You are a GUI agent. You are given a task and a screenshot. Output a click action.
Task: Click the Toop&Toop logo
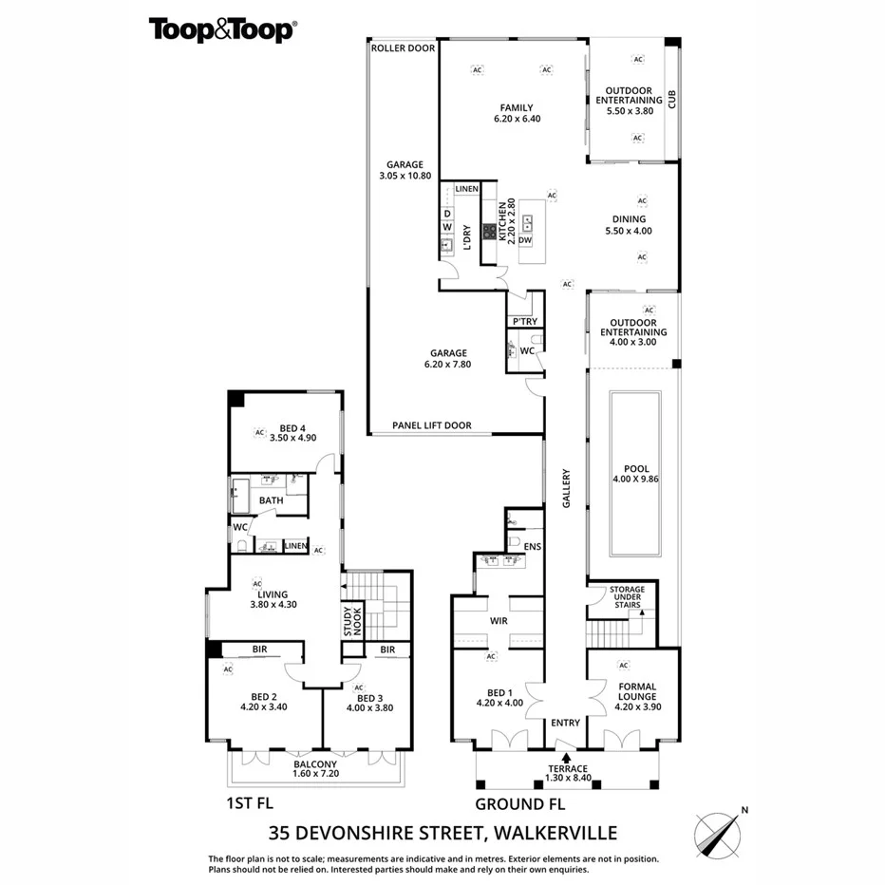click(x=222, y=29)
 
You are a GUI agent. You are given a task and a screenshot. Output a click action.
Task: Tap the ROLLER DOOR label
click(x=403, y=47)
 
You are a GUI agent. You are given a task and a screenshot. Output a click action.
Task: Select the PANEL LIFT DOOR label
click(x=432, y=425)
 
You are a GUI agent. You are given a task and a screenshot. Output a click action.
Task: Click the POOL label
click(x=636, y=469)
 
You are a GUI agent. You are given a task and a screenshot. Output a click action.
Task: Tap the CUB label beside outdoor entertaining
click(x=671, y=99)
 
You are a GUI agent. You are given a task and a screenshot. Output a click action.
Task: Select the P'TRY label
click(x=524, y=322)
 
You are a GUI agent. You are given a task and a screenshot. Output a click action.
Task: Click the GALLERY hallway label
click(x=566, y=489)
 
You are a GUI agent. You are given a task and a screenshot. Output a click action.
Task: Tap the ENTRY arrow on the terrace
click(x=566, y=757)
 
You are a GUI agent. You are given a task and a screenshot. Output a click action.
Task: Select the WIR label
click(x=499, y=621)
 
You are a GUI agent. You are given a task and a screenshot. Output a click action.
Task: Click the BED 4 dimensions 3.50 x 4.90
click(x=292, y=438)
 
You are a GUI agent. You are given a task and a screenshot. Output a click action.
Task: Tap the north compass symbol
click(x=720, y=833)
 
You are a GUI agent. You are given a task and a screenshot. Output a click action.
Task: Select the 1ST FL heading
click(x=252, y=803)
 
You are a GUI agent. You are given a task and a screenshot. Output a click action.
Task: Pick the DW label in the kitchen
click(x=524, y=240)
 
